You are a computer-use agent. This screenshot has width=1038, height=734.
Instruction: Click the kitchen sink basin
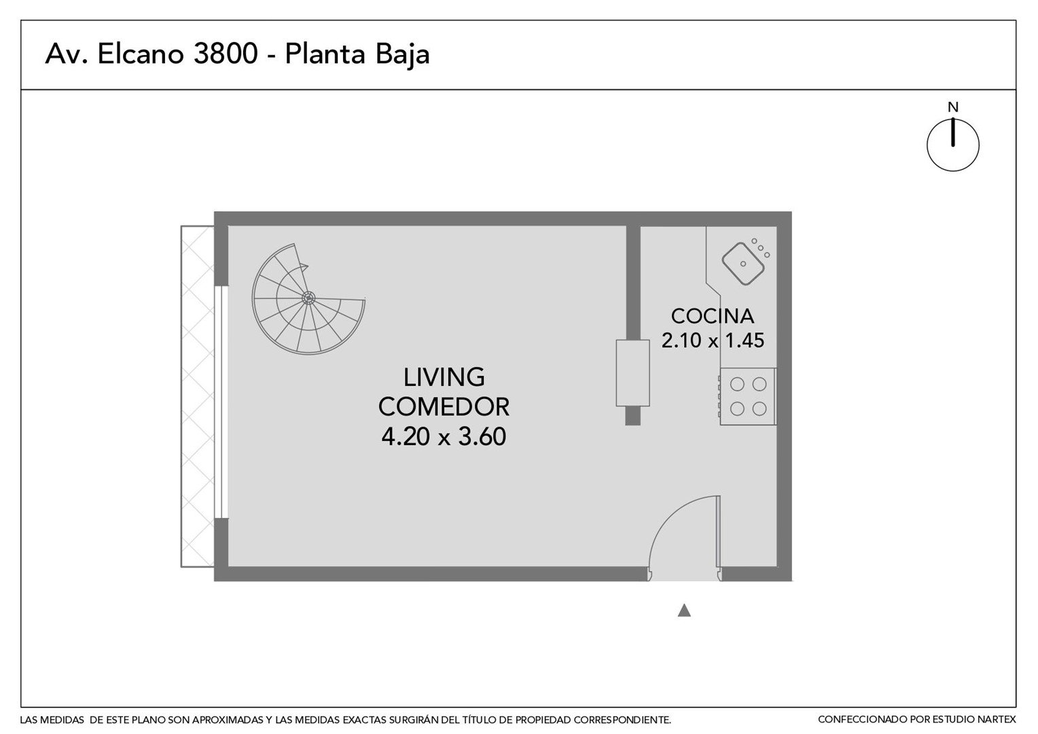point(742,264)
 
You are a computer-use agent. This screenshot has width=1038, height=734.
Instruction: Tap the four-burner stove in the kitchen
point(748,396)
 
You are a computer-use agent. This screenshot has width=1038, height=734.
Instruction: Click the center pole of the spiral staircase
point(308,298)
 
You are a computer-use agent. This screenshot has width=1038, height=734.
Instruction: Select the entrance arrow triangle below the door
point(684,611)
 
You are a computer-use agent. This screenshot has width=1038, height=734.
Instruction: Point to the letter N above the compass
point(952,107)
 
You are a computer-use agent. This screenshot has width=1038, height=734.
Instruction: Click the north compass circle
point(952,145)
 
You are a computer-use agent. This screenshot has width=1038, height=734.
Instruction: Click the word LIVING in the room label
point(444,377)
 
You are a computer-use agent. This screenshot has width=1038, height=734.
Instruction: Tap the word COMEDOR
point(444,406)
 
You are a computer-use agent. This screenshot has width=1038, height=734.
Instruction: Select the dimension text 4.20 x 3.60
point(444,436)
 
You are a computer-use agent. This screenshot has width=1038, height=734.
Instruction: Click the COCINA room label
point(713,316)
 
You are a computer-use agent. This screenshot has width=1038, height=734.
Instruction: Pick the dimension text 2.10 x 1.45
point(713,340)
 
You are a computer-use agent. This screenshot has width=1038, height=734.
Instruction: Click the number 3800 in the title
point(226,54)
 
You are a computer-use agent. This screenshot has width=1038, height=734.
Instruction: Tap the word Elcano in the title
point(141,54)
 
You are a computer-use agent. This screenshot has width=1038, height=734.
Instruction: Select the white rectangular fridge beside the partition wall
point(632,373)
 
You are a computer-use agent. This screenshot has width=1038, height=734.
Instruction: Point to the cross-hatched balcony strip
point(198,396)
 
